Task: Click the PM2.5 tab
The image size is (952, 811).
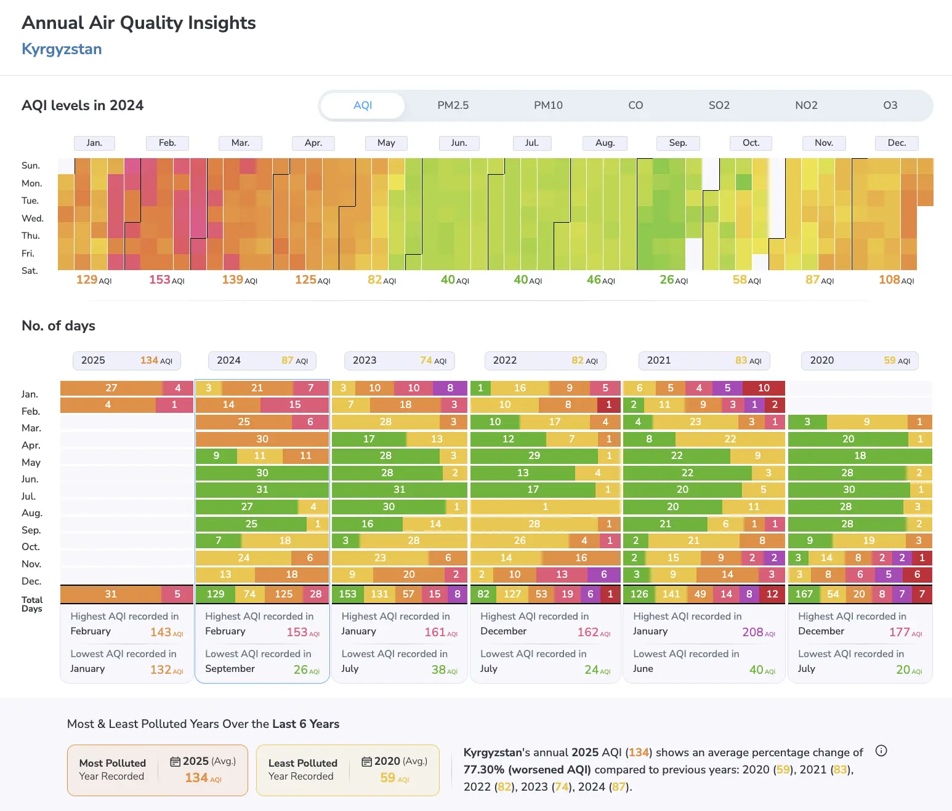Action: (x=453, y=105)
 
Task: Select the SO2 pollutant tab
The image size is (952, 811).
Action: (x=719, y=105)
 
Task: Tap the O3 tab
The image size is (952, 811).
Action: (x=890, y=105)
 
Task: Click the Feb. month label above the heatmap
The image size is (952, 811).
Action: (x=167, y=143)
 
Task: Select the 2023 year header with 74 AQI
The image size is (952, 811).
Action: (x=399, y=361)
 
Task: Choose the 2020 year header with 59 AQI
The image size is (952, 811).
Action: (x=860, y=361)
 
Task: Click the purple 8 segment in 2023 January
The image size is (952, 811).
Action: (x=450, y=388)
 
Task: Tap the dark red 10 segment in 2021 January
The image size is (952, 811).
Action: (x=764, y=388)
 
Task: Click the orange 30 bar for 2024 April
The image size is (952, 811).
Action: (x=262, y=439)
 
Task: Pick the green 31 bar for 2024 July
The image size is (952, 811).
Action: (x=262, y=490)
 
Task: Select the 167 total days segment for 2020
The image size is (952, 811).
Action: (x=804, y=594)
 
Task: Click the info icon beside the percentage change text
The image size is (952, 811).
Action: (x=881, y=751)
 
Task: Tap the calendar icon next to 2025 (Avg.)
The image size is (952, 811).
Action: (x=175, y=762)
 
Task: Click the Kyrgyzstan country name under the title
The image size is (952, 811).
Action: (x=62, y=49)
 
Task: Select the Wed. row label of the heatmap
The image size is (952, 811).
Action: (x=33, y=218)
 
